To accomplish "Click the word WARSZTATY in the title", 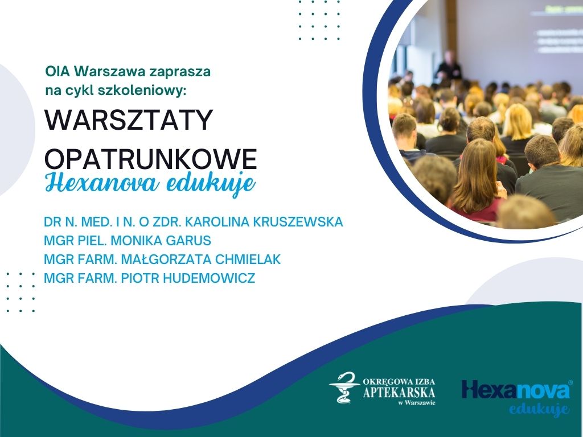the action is (129, 119).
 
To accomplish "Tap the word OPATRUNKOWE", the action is (150, 159).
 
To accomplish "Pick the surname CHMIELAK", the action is (248, 259).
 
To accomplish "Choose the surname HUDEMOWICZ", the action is (209, 278).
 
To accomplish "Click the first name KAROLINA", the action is (217, 221).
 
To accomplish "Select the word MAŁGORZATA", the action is (166, 259).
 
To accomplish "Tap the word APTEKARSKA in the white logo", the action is (399, 392).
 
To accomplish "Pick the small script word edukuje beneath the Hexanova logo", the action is (539, 409).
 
